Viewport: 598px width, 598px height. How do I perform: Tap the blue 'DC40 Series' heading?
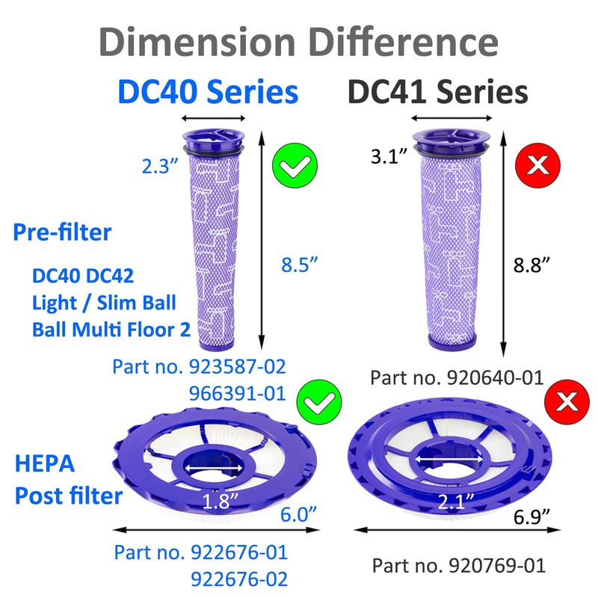tap(207, 93)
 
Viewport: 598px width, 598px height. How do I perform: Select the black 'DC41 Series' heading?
tap(438, 93)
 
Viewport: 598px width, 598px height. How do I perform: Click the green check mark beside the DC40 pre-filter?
tap(295, 165)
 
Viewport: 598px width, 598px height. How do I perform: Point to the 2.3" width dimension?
tap(160, 167)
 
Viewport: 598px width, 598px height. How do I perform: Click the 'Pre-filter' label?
tap(62, 232)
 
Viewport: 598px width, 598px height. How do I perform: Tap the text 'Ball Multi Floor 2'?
tap(111, 329)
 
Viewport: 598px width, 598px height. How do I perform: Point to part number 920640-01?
tap(457, 377)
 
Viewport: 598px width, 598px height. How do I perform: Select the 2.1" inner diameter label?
tap(444, 502)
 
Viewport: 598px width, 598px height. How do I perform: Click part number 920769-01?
tap(458, 565)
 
